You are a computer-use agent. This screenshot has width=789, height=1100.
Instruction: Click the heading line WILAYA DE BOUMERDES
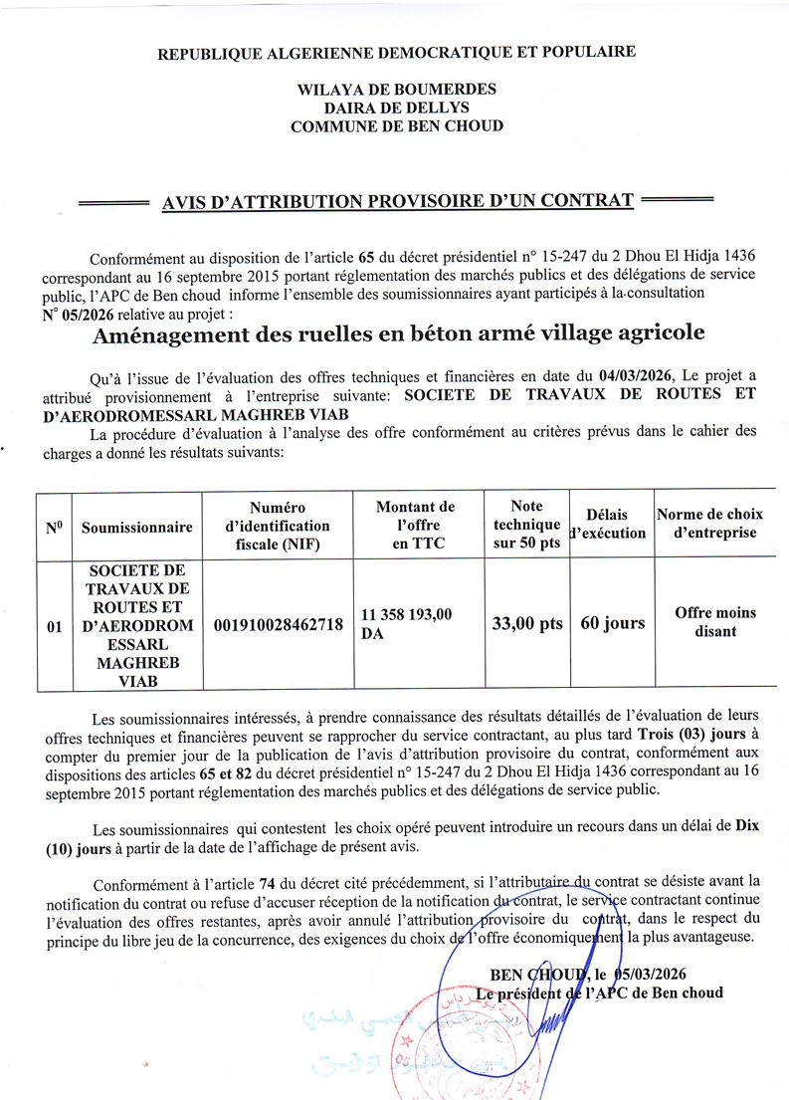pos(396,90)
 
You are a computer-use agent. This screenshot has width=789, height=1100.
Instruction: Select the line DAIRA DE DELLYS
pos(396,108)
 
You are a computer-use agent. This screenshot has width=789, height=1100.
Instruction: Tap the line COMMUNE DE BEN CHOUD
pos(396,126)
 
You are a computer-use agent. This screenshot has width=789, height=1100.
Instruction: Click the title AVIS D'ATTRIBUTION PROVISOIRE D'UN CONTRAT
pos(397,202)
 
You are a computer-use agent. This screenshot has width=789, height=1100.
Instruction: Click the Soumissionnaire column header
pos(137,528)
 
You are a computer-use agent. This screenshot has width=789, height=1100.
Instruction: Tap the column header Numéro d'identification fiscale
pos(278,526)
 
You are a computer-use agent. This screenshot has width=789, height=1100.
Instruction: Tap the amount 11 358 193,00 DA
pos(406,623)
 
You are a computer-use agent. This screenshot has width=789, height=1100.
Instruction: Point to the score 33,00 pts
pos(526,624)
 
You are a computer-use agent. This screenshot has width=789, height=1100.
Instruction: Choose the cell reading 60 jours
pos(612,624)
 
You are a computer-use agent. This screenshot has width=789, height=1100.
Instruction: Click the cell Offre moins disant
pos(714,622)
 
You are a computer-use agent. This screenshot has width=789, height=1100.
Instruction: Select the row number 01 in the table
pos(56,626)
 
